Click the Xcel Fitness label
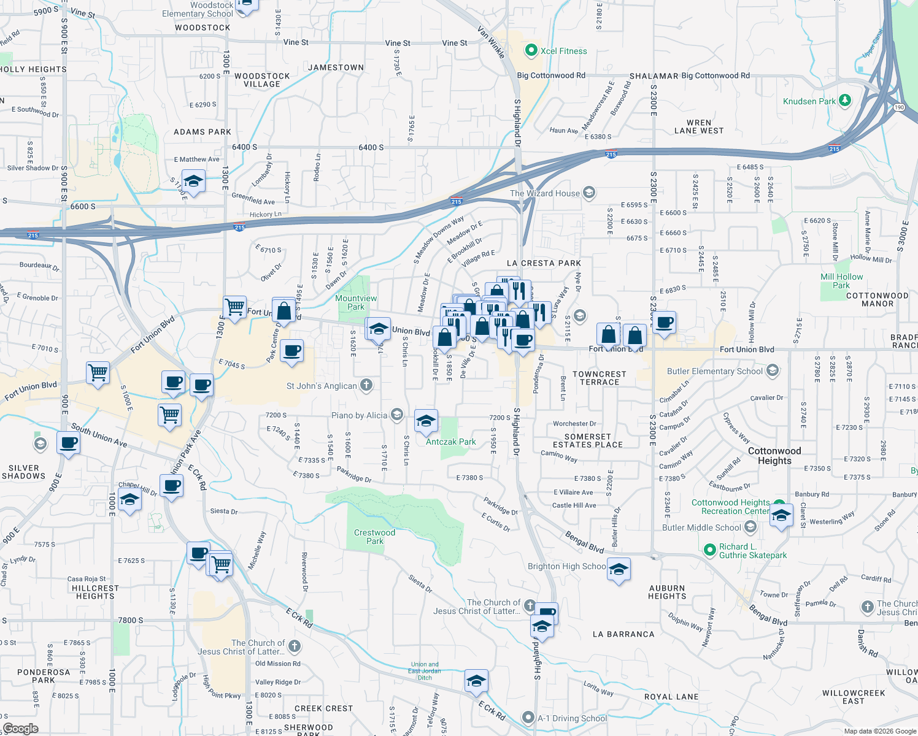click(563, 51)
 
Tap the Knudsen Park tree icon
click(845, 101)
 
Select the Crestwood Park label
click(374, 537)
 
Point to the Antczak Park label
click(450, 442)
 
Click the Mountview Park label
click(356, 302)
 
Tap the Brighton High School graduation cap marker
click(619, 569)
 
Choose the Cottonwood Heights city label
click(774, 456)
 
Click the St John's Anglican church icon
click(366, 385)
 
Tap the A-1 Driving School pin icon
click(528, 717)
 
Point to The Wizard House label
click(544, 193)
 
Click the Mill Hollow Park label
click(841, 281)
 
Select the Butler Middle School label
click(701, 527)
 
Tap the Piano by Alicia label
click(359, 415)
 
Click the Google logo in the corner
click(20, 729)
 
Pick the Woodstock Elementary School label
click(198, 9)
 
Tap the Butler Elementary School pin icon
click(773, 370)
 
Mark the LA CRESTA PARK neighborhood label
click(544, 263)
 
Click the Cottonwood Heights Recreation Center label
click(730, 507)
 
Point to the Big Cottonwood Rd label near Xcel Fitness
click(550, 75)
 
